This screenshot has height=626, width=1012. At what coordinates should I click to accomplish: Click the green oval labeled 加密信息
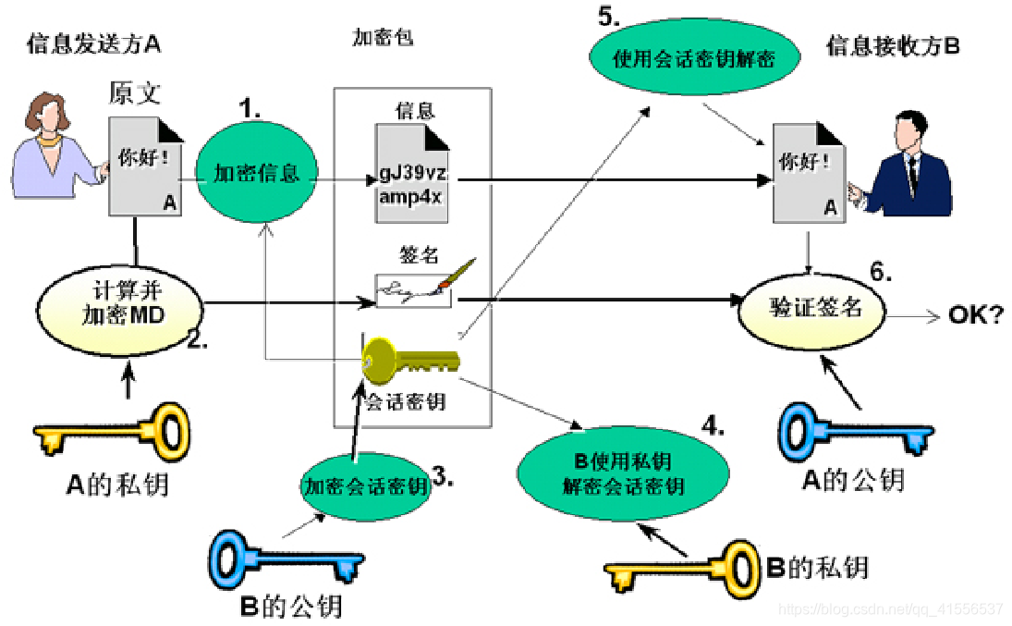coord(257,174)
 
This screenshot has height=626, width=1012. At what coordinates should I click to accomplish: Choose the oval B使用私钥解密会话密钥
coord(624,473)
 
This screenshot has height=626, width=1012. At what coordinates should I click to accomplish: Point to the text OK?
coord(975,316)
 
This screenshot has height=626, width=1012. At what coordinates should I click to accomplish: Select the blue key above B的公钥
coord(286,555)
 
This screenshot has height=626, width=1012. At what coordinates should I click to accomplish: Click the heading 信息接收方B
coord(893,46)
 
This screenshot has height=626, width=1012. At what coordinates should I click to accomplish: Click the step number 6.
coord(882,271)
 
